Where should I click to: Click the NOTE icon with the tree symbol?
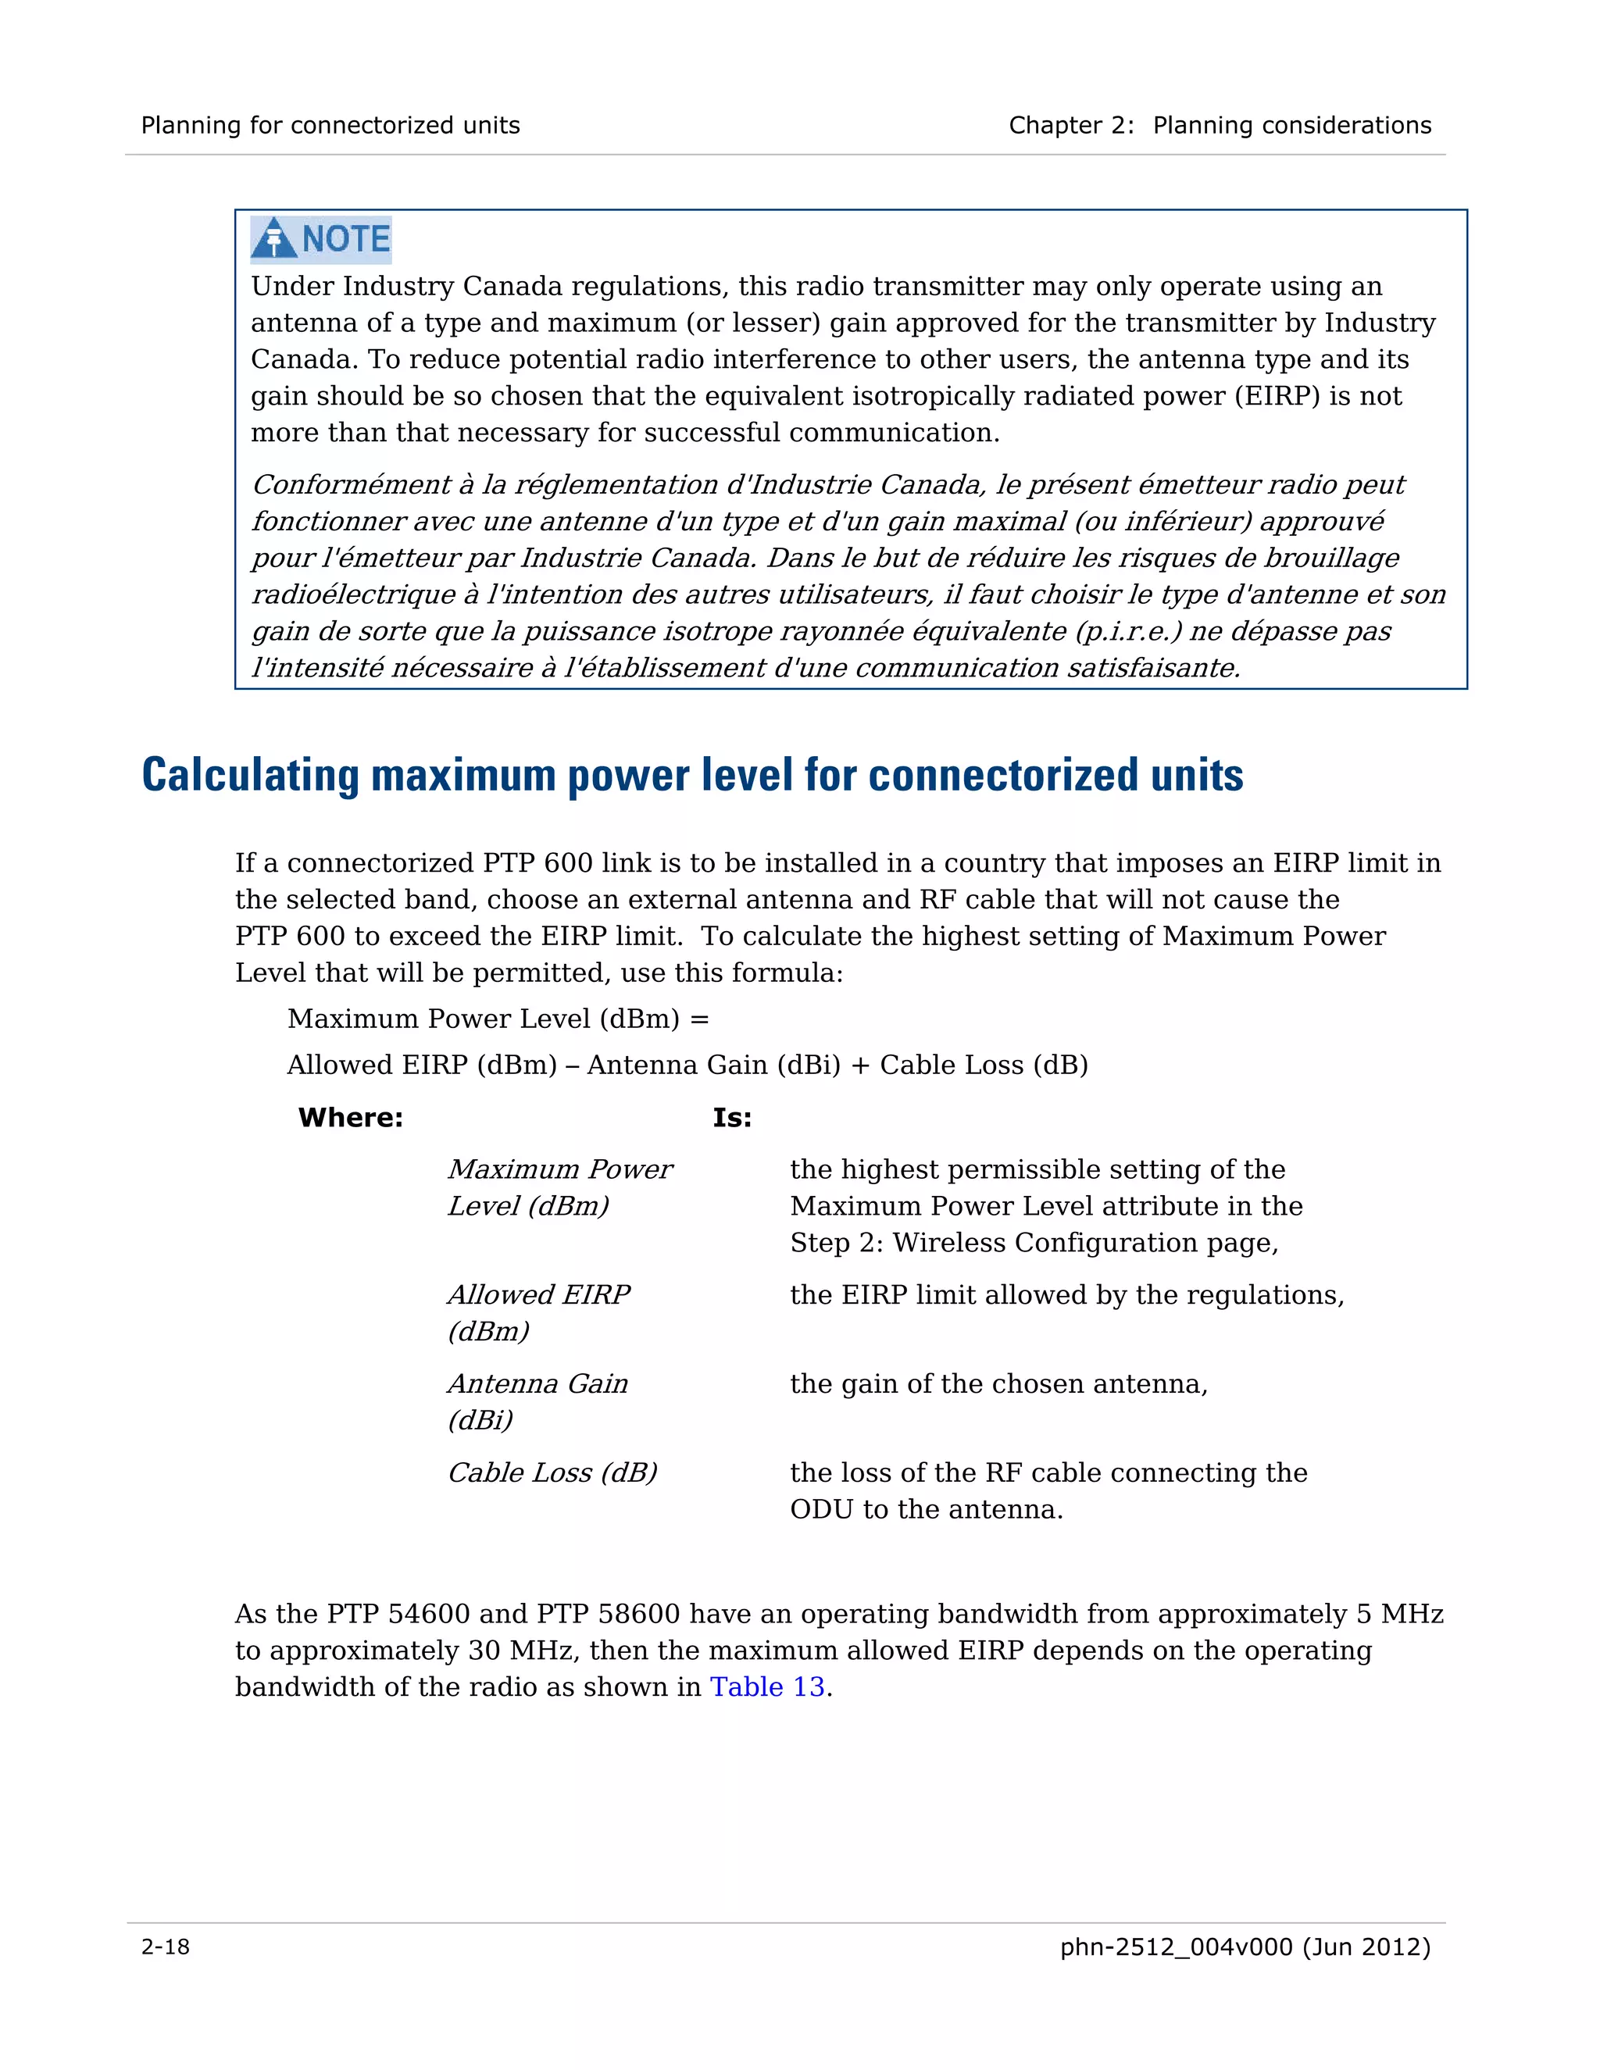click(320, 239)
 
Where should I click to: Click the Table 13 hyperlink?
click(767, 1686)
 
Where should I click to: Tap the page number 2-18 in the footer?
click(165, 1947)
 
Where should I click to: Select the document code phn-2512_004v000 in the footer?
click(1175, 1947)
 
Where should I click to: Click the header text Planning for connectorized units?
click(330, 125)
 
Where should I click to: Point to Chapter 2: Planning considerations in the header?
click(1219, 125)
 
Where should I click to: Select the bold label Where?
click(351, 1118)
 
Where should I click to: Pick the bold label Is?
click(732, 1118)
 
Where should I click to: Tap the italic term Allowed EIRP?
click(538, 1294)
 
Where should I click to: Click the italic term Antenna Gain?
click(537, 1384)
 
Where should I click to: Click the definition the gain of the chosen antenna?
click(998, 1384)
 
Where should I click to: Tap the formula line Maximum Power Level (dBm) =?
click(498, 1019)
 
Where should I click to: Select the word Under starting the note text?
click(292, 286)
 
